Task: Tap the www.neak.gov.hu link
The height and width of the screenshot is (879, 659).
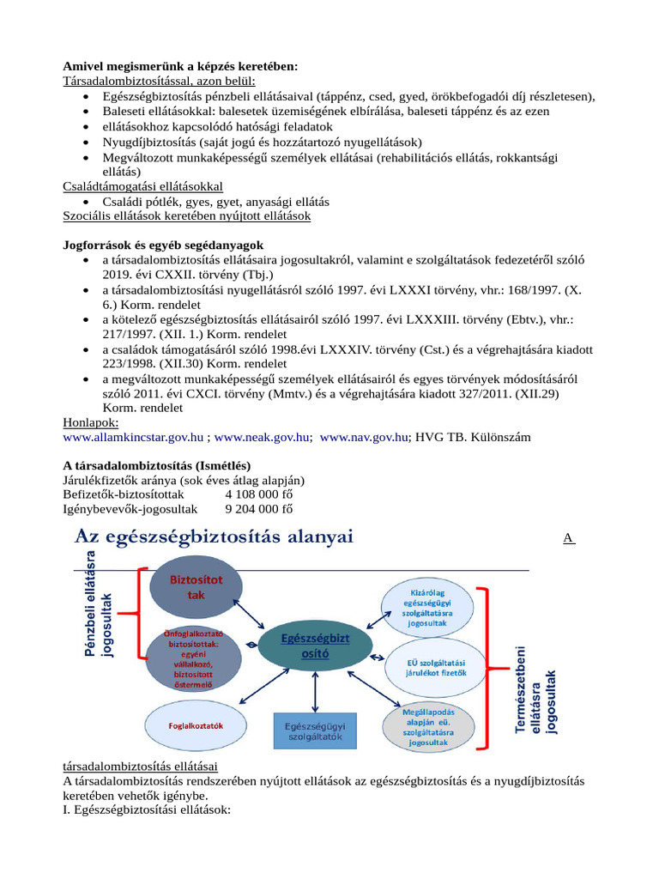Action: coord(262,437)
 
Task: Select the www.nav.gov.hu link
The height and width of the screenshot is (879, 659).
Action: coord(364,437)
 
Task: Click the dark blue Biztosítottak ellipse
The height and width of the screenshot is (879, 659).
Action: coord(196,587)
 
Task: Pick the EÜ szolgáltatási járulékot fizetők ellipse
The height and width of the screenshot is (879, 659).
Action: coord(436,666)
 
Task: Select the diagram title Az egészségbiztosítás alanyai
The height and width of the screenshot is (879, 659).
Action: coord(214,537)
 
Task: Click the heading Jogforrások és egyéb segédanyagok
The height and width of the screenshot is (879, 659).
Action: coord(163,245)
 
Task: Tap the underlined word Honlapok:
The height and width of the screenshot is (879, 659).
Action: coord(91,422)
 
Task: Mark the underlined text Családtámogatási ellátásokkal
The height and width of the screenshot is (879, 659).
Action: coord(142,186)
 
